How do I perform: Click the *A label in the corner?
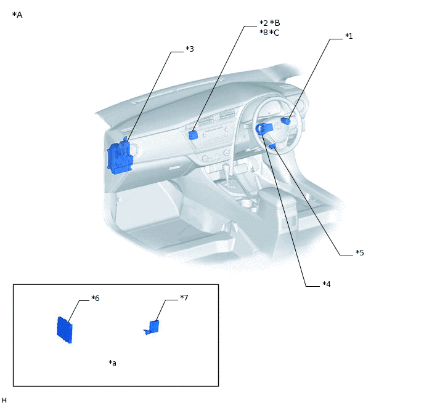[17, 15]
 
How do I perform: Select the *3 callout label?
[190, 49]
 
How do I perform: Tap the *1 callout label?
[349, 36]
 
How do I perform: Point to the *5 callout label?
[360, 253]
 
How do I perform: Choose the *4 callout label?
[327, 284]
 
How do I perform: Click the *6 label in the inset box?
[95, 298]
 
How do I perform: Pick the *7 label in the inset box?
[184, 297]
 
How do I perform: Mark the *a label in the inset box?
[112, 363]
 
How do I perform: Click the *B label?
[275, 23]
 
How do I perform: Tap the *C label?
[274, 33]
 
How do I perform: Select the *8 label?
[264, 33]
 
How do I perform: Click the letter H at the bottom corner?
[4, 400]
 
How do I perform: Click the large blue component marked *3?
[120, 157]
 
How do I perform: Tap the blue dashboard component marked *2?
[193, 135]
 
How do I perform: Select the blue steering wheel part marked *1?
[285, 121]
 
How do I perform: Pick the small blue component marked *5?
[272, 146]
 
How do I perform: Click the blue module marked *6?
[65, 330]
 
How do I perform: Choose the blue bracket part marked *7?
[152, 327]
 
